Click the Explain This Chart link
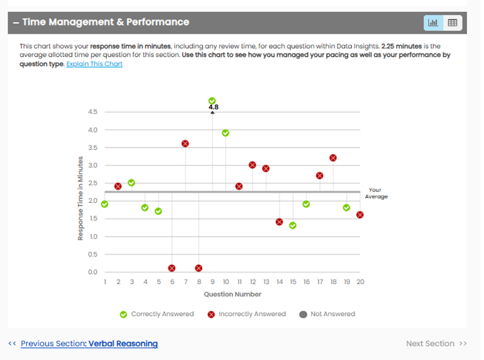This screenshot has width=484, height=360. tap(94, 64)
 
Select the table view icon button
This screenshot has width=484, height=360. tap(452, 23)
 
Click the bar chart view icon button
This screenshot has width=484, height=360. tap(433, 23)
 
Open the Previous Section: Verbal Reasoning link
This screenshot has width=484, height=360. tap(89, 344)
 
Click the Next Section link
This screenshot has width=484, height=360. tap(436, 344)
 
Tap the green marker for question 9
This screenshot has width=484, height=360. tap(212, 101)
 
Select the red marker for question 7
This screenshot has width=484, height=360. tap(185, 143)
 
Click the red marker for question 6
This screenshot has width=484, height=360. tap(172, 268)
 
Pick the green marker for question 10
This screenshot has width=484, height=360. tap(225, 133)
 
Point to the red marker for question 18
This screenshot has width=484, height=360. tap(333, 158)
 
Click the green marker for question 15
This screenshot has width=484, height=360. tap(292, 225)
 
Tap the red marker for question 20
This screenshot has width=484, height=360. tap(360, 214)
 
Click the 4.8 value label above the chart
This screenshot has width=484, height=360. tap(214, 107)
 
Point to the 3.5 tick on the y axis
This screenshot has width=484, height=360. tap(92, 148)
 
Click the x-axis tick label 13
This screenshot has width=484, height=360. tap(266, 282)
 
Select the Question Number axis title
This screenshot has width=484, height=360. tap(232, 294)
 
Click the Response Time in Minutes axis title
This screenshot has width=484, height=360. tap(80, 197)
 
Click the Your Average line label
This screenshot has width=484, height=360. tap(376, 193)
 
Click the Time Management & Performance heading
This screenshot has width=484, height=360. tap(105, 22)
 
